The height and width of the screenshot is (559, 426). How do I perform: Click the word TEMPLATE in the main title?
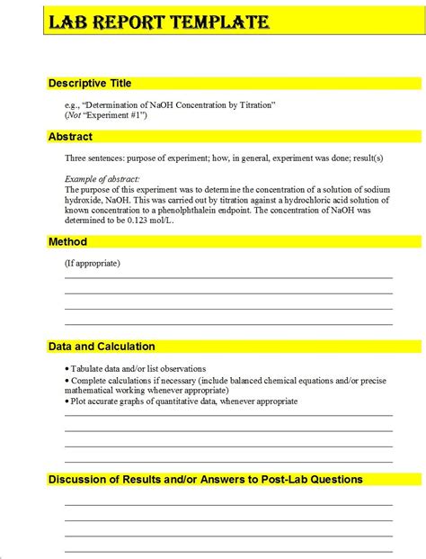tap(219, 22)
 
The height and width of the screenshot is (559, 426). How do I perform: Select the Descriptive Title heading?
tap(90, 83)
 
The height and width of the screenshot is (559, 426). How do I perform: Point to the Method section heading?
tap(67, 241)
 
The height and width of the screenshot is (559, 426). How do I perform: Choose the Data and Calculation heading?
tap(102, 347)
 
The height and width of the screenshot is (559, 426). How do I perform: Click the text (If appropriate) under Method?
tap(93, 263)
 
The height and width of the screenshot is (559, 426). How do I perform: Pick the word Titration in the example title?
tap(256, 105)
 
